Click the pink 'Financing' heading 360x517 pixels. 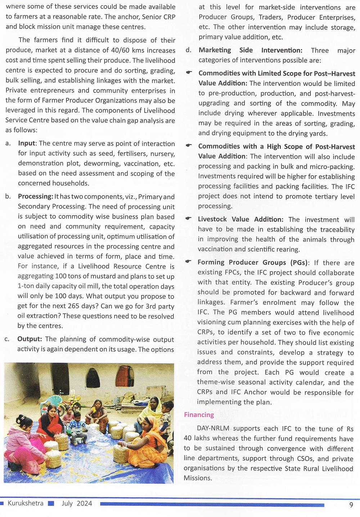pos(199,415)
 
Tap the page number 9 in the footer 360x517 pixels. pos(351,505)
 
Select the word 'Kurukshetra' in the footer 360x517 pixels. pos(26,503)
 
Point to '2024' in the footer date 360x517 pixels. pos(85,503)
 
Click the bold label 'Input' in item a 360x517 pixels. pos(27,143)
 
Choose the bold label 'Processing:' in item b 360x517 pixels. pos(35,196)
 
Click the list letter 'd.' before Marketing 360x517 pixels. pos(188,50)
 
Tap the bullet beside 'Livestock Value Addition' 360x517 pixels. pos(189,219)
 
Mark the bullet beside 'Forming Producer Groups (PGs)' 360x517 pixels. pos(188,262)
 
